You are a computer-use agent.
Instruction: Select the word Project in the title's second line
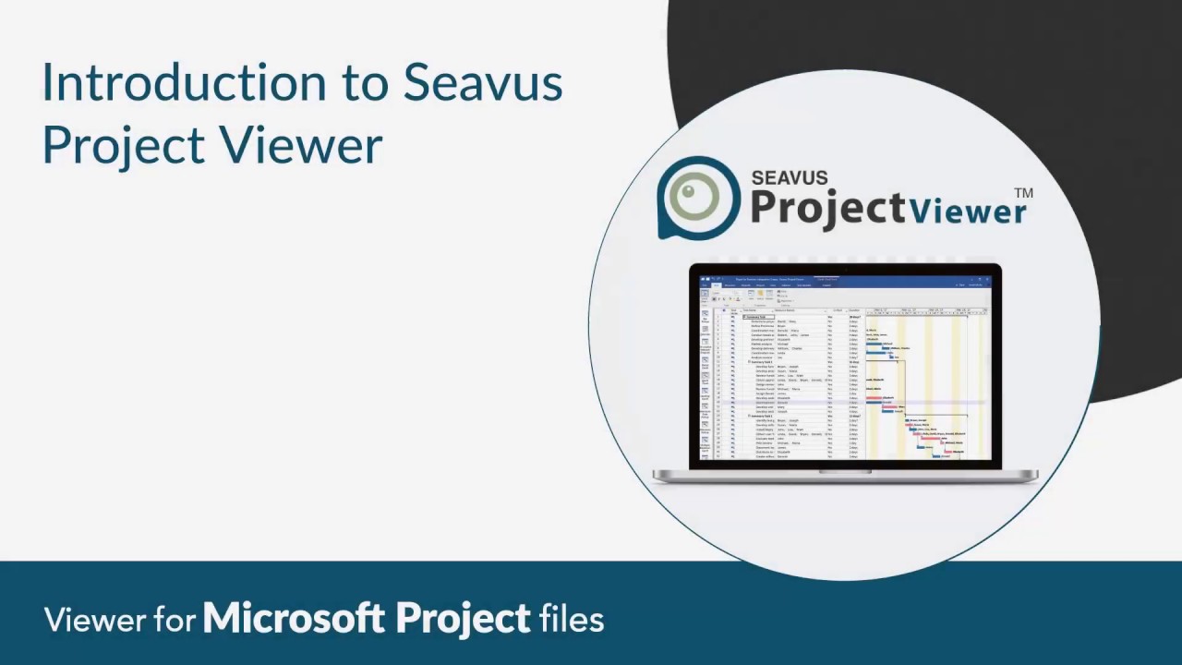[124, 146]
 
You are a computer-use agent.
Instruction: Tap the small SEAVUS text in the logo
[789, 177]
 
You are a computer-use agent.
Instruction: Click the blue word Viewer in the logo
[967, 211]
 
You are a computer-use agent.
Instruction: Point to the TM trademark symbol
[1023, 193]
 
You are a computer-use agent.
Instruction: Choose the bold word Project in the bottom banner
[464, 620]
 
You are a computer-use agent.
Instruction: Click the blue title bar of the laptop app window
[845, 278]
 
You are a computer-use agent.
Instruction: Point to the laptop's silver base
[845, 476]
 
